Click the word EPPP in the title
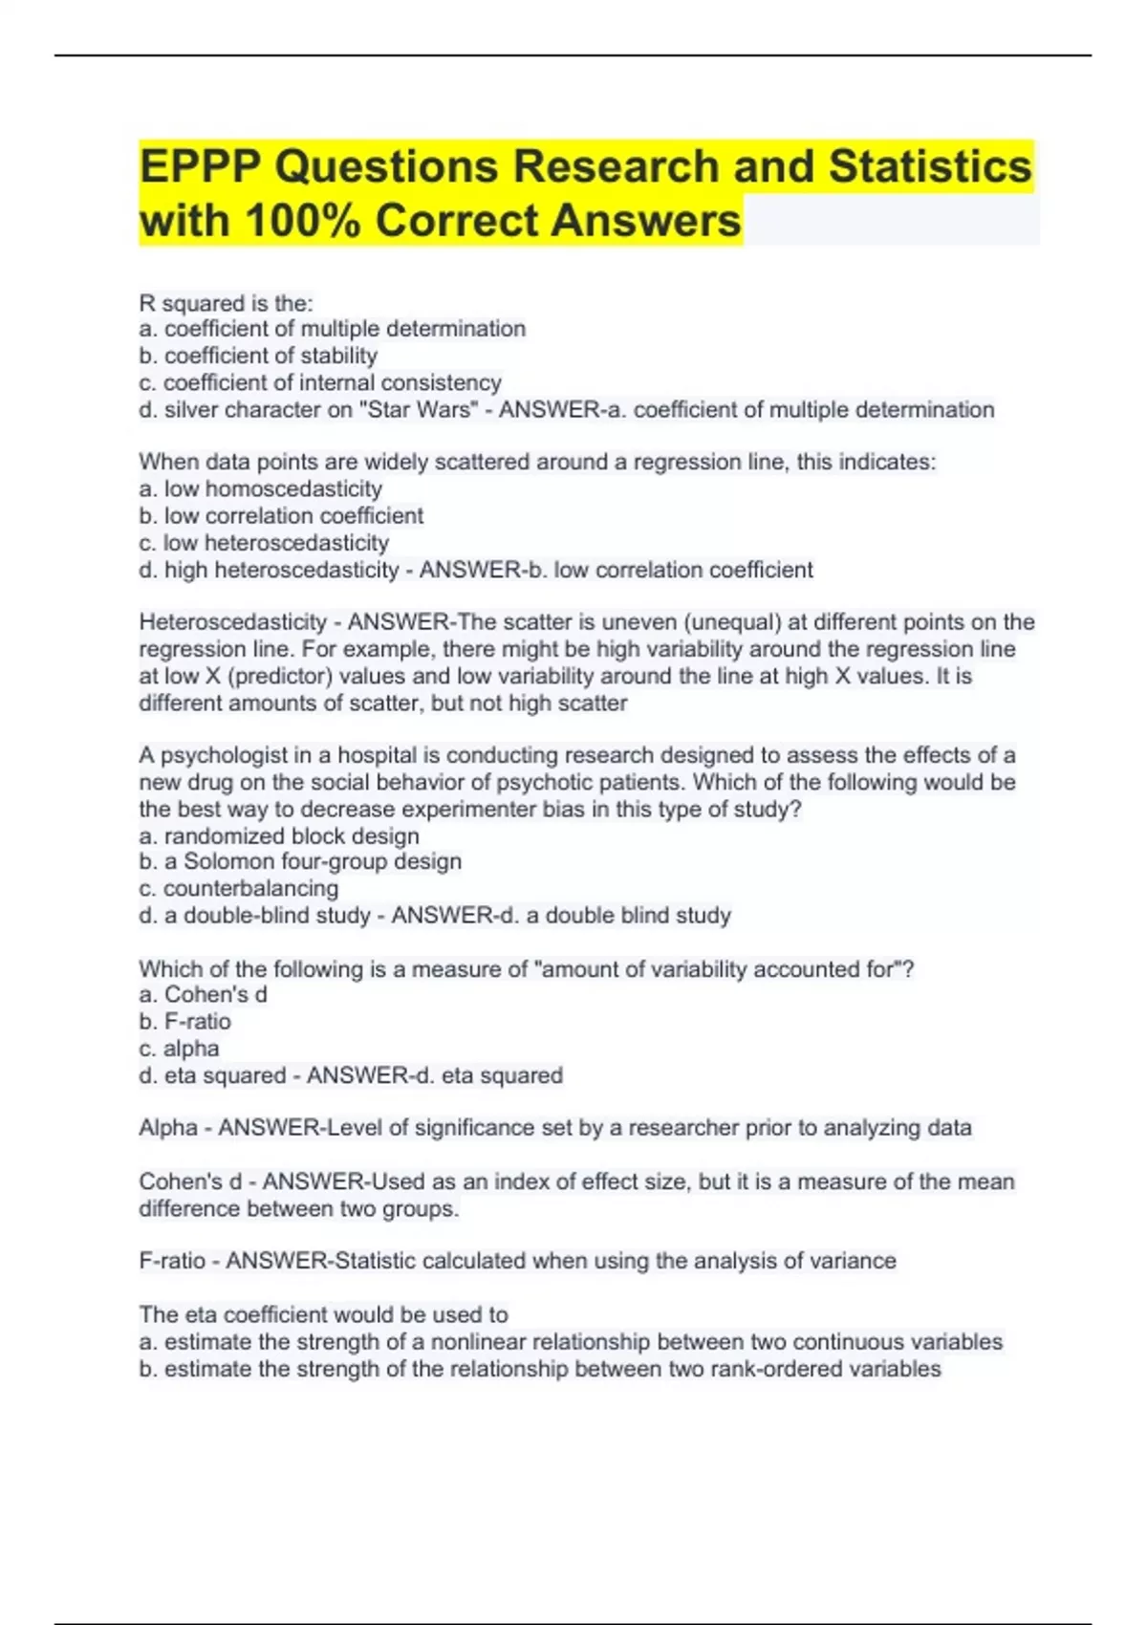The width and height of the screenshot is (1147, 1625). (200, 167)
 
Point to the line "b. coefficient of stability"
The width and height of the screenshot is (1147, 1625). (258, 356)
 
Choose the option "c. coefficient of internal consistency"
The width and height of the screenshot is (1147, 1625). (320, 382)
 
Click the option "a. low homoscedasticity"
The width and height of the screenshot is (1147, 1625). (260, 489)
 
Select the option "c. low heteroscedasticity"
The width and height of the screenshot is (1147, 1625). (264, 543)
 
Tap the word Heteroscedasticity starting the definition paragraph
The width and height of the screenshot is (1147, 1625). (232, 622)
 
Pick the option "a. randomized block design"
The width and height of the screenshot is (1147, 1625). (279, 836)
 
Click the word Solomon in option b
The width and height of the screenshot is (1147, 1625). (228, 862)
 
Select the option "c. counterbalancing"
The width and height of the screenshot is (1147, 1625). (239, 889)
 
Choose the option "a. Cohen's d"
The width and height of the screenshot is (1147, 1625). (203, 995)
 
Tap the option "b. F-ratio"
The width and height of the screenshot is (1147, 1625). (184, 1022)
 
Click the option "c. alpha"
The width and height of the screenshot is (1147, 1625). (179, 1049)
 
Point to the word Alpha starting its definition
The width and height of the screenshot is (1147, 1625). (168, 1128)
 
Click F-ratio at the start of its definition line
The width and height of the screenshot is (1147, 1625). (172, 1261)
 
